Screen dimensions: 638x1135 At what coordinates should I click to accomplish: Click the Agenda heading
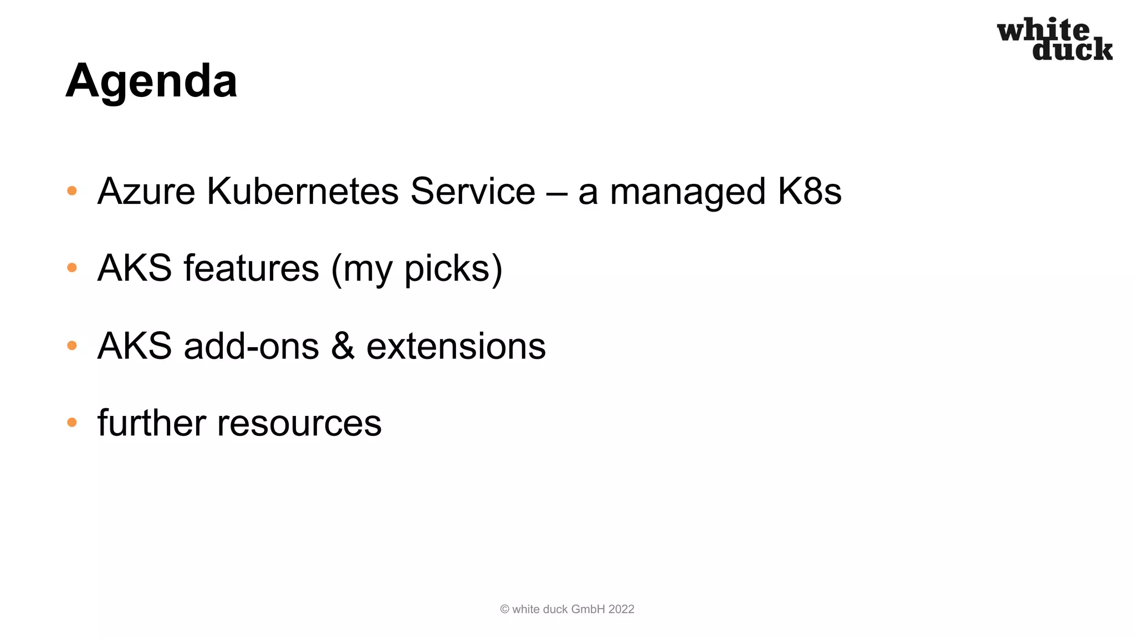151,81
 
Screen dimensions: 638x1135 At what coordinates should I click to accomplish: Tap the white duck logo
1054,39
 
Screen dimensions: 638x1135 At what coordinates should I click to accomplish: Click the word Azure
146,192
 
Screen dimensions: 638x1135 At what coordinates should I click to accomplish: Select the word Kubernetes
303,192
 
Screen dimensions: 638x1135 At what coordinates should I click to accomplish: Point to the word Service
472,192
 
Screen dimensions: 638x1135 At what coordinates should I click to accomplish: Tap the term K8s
809,192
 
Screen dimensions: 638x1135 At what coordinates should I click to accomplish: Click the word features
251,268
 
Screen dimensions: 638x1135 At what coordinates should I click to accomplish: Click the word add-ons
251,346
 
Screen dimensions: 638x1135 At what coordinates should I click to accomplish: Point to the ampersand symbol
342,346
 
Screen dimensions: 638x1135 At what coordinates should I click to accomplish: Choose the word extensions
456,346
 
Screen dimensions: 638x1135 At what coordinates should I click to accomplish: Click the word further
152,423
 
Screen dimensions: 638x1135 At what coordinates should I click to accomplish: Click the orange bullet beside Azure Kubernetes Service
71,191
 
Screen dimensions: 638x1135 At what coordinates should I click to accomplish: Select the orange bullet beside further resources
71,423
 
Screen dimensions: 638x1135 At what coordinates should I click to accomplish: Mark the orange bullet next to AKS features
71,268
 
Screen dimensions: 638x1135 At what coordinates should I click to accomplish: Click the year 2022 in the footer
621,609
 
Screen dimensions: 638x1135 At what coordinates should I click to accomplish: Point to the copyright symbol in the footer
504,609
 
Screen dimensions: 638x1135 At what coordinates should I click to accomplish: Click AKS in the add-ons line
134,346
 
